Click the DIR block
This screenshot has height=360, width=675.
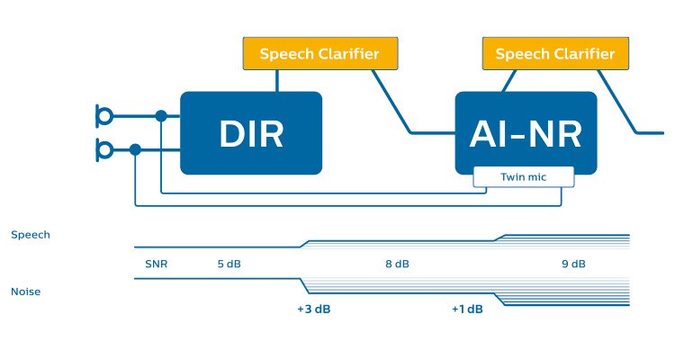pyautogui.click(x=251, y=132)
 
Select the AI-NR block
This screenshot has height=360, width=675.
pyautogui.click(x=526, y=132)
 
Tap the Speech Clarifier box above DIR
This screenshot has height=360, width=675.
pyautogui.click(x=319, y=54)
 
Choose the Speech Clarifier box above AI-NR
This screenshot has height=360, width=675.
pyautogui.click(x=555, y=54)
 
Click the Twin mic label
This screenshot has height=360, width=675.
pyautogui.click(x=524, y=177)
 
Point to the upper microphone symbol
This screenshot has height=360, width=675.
pyautogui.click(x=104, y=115)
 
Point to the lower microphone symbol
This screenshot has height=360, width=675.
pyautogui.click(x=104, y=148)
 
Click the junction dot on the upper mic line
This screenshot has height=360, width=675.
pyautogui.click(x=161, y=115)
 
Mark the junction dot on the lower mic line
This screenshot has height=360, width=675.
pyautogui.click(x=135, y=148)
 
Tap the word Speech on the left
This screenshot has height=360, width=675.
pyautogui.click(x=31, y=235)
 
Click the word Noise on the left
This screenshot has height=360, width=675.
pyautogui.click(x=26, y=292)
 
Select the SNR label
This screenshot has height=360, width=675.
pyautogui.click(x=157, y=265)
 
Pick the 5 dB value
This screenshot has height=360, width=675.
pyautogui.click(x=229, y=265)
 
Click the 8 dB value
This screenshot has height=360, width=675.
pyautogui.click(x=397, y=265)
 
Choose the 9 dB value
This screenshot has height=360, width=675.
pyautogui.click(x=573, y=265)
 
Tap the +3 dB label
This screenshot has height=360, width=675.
pyautogui.click(x=313, y=310)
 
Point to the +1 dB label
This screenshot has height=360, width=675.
pyautogui.click(x=468, y=310)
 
